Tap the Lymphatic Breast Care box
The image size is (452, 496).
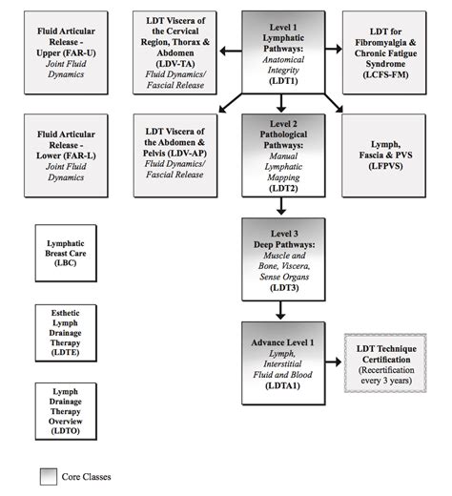(x=64, y=253)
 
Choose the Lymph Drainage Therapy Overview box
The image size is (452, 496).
(x=64, y=411)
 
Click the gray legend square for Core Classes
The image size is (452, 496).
(x=49, y=477)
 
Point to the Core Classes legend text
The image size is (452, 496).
(x=93, y=477)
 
